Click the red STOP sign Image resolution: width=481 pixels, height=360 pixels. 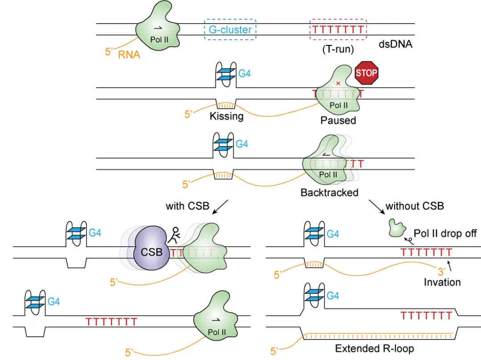[x=367, y=72]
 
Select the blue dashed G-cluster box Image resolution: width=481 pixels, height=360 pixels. [x=230, y=30]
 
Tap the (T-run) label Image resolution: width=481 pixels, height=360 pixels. [x=338, y=49]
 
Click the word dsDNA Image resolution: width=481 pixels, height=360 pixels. [x=395, y=44]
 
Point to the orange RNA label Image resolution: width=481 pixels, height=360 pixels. [x=129, y=55]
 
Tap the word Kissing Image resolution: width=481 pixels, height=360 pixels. [x=227, y=117]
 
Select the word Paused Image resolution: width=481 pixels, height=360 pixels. [x=338, y=120]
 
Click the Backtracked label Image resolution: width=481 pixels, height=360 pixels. [x=329, y=193]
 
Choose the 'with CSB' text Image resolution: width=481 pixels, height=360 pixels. [x=188, y=206]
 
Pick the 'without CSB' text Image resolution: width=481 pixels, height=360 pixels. [x=415, y=206]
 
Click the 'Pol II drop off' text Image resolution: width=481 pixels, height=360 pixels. [x=445, y=234]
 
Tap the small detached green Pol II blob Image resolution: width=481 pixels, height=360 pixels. [x=396, y=227]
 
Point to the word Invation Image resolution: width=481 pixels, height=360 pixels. [x=442, y=282]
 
